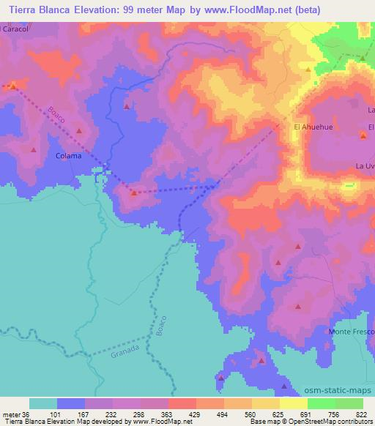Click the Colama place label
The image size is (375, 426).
pyautogui.click(x=69, y=156)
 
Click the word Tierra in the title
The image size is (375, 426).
pyautogui.click(x=24, y=9)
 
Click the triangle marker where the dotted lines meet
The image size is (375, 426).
pyautogui.click(x=134, y=193)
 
